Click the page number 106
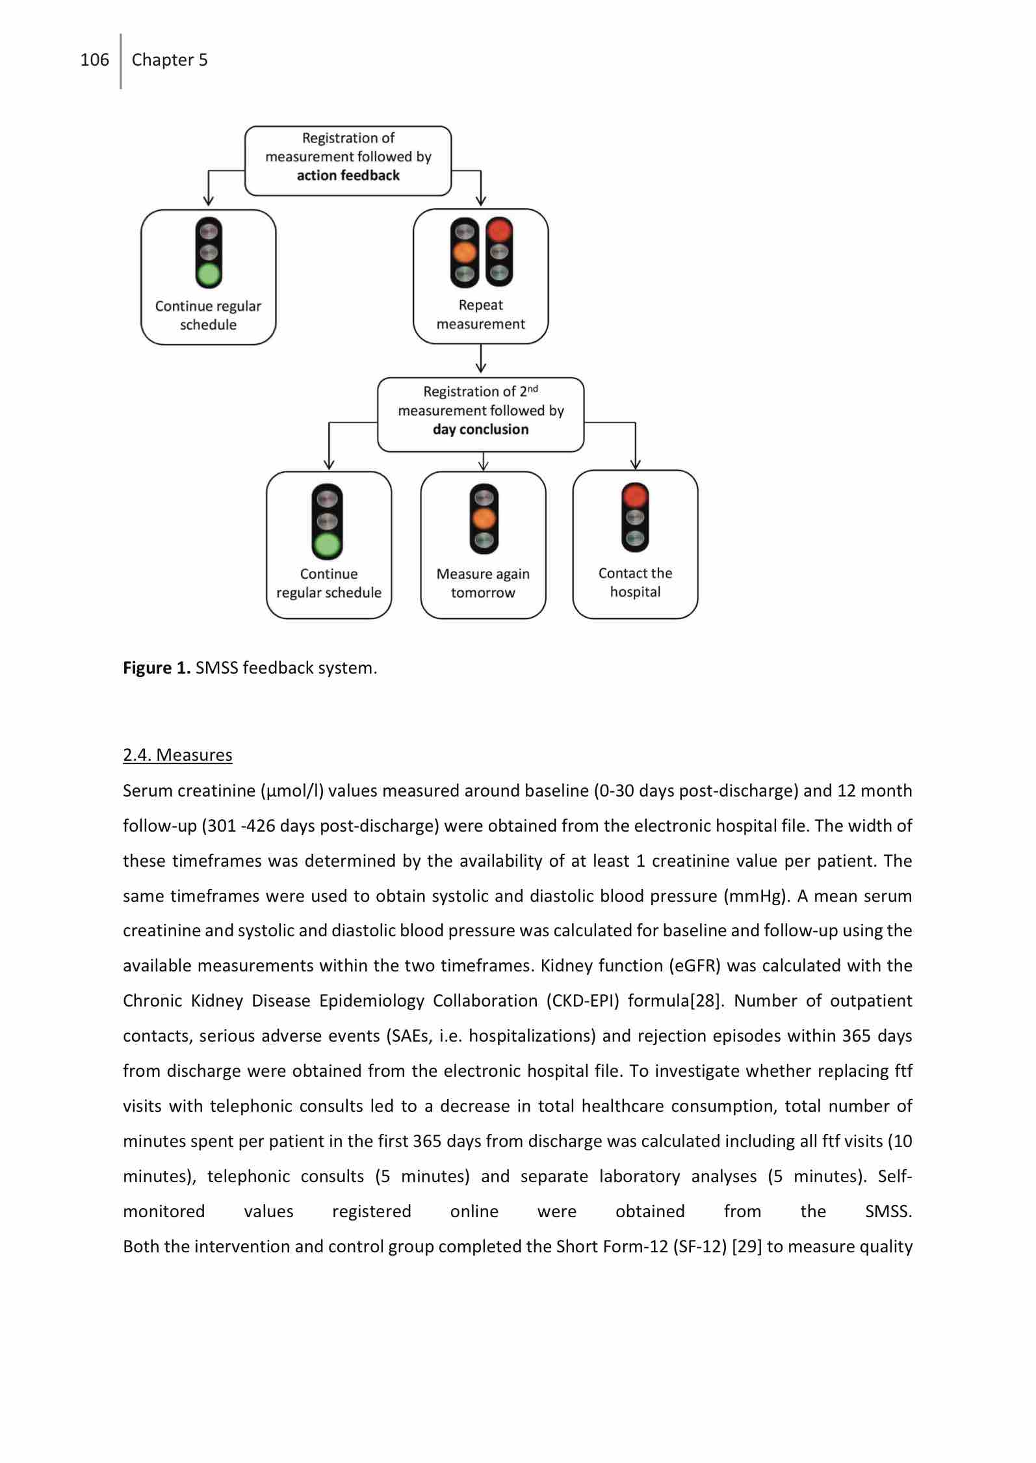pos(94,60)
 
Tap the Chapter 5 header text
pos(170,60)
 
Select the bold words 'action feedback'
pos(348,176)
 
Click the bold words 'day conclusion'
pos(480,429)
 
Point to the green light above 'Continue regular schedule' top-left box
pos(209,274)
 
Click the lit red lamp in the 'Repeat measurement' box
pos(499,230)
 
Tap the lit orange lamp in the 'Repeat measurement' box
pos(465,252)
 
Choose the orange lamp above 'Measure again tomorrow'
pos(483,519)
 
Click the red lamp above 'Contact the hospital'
pos(635,495)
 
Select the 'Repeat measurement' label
pos(480,314)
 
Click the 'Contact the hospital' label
pos(635,583)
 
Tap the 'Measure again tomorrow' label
pos(483,583)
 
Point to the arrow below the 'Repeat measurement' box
pos(481,360)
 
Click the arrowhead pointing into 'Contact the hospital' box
pos(635,464)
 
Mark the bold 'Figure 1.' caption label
pos(156,668)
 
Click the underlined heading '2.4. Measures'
pos(177,755)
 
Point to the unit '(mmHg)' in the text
pos(756,896)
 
